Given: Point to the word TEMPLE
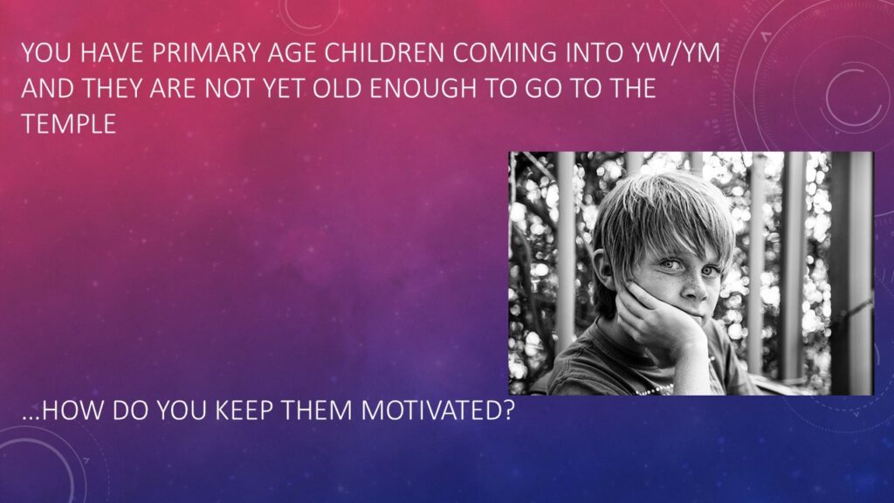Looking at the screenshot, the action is pyautogui.click(x=69, y=124).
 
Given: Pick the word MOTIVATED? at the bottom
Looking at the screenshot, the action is pyautogui.click(x=437, y=410).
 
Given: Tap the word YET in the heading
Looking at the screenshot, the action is pyautogui.click(x=284, y=88).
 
